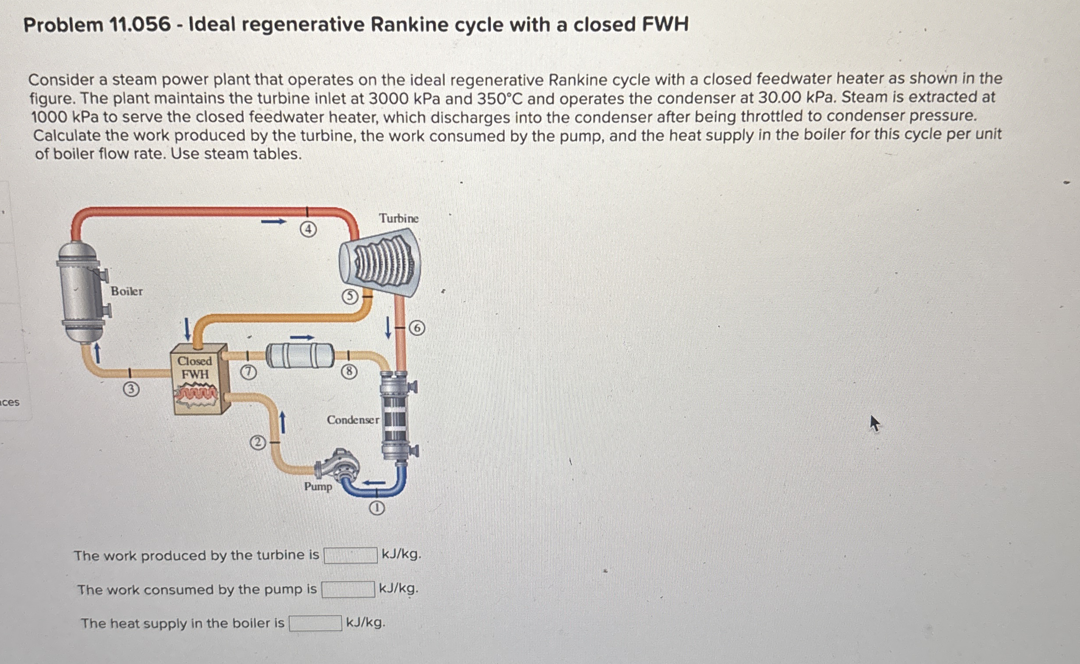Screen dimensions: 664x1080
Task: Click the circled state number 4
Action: [x=309, y=229]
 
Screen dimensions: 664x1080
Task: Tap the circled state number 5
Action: [x=350, y=297]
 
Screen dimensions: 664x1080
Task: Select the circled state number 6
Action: [x=417, y=328]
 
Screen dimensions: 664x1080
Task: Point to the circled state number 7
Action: [x=248, y=372]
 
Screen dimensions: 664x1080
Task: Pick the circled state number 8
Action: [x=349, y=372]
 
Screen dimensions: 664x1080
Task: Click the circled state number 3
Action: [x=131, y=389]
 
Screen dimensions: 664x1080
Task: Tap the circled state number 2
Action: [x=258, y=443]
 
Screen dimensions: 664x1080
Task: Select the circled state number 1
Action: [x=377, y=509]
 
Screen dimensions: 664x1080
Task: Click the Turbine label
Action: [x=398, y=218]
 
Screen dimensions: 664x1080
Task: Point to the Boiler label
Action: [x=127, y=291]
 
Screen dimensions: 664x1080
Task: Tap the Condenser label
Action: [x=352, y=420]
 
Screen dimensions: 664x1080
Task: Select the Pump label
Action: [x=318, y=487]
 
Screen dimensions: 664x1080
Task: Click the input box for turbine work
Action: [x=350, y=555]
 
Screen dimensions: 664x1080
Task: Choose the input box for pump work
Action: [x=348, y=590]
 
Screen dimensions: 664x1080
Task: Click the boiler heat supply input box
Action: [x=315, y=623]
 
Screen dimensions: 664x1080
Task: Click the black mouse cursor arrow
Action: [x=874, y=424]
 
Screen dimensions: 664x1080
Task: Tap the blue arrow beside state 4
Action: [x=274, y=222]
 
